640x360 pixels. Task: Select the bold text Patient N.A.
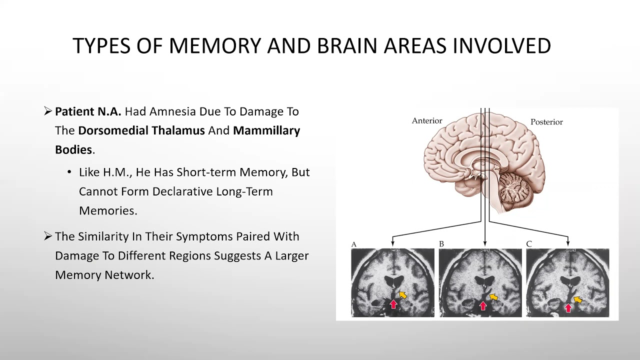click(88, 111)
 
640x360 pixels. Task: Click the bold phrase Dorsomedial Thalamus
click(141, 130)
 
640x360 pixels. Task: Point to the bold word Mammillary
click(266, 130)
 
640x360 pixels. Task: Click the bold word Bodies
click(73, 150)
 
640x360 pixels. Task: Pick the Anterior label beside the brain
click(427, 121)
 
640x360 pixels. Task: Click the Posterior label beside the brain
click(546, 122)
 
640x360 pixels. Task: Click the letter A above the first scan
click(354, 244)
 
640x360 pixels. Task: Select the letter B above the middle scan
click(441, 244)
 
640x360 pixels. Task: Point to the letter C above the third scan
click(529, 244)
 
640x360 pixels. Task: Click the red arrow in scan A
click(393, 303)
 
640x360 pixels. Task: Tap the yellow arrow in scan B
click(493, 297)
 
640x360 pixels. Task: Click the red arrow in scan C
click(568, 307)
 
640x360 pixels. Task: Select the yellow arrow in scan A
click(402, 295)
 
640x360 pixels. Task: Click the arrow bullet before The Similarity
click(48, 236)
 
